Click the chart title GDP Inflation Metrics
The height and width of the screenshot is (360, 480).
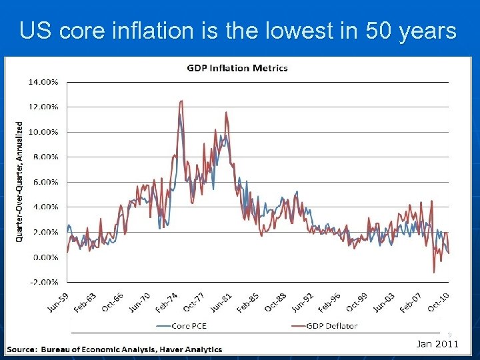237,68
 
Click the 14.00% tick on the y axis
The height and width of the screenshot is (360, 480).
43,82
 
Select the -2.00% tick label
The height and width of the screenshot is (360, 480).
43,281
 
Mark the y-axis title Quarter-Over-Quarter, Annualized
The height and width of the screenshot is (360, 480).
19,181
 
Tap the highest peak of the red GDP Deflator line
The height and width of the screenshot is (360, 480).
181,101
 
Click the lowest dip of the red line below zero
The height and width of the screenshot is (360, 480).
434,272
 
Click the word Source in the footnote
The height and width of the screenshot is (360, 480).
22,349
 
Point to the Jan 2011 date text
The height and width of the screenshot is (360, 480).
437,344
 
